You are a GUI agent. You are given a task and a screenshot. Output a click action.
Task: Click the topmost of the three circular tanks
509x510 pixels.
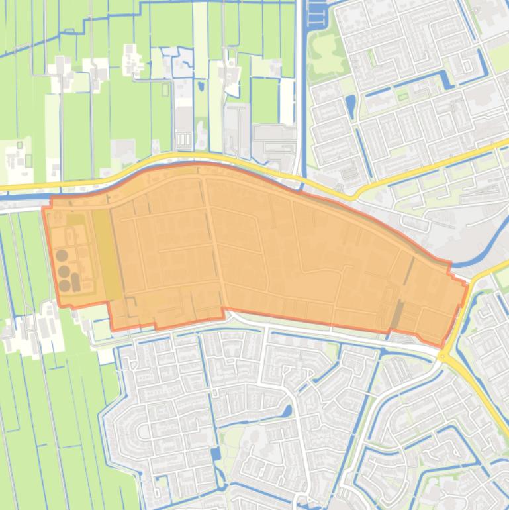(62, 255)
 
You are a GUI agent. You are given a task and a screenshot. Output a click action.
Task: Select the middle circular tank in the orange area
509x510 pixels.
(64, 271)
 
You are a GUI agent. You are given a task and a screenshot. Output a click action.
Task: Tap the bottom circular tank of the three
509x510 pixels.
(64, 285)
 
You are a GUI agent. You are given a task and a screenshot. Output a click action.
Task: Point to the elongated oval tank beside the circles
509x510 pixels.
(75, 282)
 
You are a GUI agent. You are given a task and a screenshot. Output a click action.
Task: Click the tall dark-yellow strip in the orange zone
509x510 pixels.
(107, 255)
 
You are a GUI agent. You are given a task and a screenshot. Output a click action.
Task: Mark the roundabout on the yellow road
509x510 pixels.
(442, 356)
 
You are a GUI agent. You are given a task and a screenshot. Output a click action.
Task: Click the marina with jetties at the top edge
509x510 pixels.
(316, 13)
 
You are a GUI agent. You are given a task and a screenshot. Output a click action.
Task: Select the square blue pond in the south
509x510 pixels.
(216, 454)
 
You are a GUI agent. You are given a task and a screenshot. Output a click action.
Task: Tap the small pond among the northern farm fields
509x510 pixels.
(201, 86)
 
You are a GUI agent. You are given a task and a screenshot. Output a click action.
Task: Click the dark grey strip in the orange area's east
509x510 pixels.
(398, 315)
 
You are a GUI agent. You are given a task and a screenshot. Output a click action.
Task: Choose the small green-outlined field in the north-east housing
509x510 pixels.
(402, 97)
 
